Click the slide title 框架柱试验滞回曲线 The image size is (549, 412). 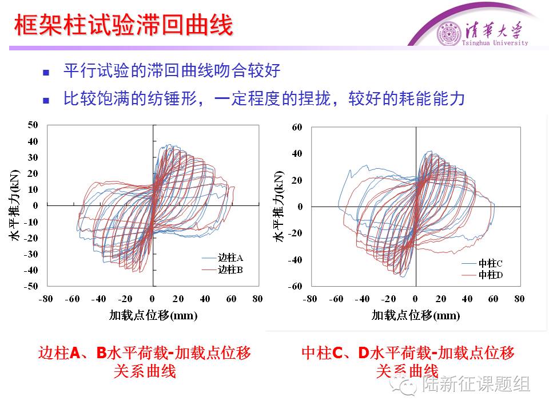[x=123, y=26]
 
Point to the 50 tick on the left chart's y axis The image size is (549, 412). [x=33, y=125]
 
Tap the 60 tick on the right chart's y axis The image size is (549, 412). [x=296, y=127]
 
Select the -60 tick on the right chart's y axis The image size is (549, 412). [x=295, y=286]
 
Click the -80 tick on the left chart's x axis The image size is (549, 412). [x=46, y=299]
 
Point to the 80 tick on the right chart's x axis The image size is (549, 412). [x=519, y=299]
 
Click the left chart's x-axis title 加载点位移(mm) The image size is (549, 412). [x=153, y=315]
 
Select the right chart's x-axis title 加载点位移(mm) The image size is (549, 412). [x=416, y=315]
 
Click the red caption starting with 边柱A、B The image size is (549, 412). [x=144, y=353]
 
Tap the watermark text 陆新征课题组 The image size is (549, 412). [x=476, y=384]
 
